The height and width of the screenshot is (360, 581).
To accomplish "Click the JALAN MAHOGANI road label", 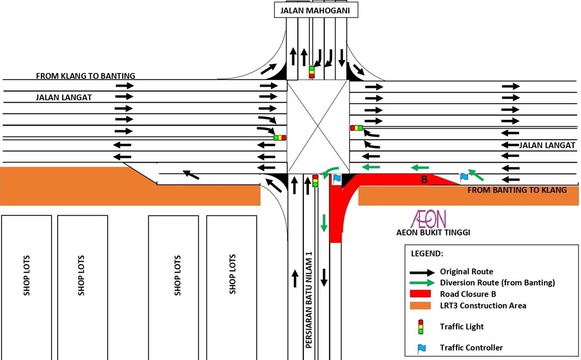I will click(316, 10).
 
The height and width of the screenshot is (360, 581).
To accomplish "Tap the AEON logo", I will click(428, 219).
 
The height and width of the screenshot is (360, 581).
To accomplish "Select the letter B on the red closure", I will click(425, 180).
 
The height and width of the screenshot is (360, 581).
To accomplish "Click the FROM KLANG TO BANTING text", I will click(85, 76).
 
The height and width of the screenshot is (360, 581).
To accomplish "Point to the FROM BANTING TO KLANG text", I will click(517, 190).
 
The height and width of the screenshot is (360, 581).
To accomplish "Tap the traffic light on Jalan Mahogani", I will click(312, 72).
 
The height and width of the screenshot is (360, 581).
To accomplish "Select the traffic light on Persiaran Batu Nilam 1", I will click(315, 181).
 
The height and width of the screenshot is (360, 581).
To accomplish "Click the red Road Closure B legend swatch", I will click(420, 294).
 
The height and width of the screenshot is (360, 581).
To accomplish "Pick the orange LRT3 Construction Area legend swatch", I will click(420, 306).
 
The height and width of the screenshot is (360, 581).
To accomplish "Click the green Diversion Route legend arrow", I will click(420, 283).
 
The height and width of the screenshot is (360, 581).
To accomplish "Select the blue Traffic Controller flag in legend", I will click(421, 348).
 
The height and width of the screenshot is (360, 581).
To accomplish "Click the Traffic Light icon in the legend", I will click(421, 326).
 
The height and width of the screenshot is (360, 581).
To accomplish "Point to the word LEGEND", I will click(427, 254).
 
